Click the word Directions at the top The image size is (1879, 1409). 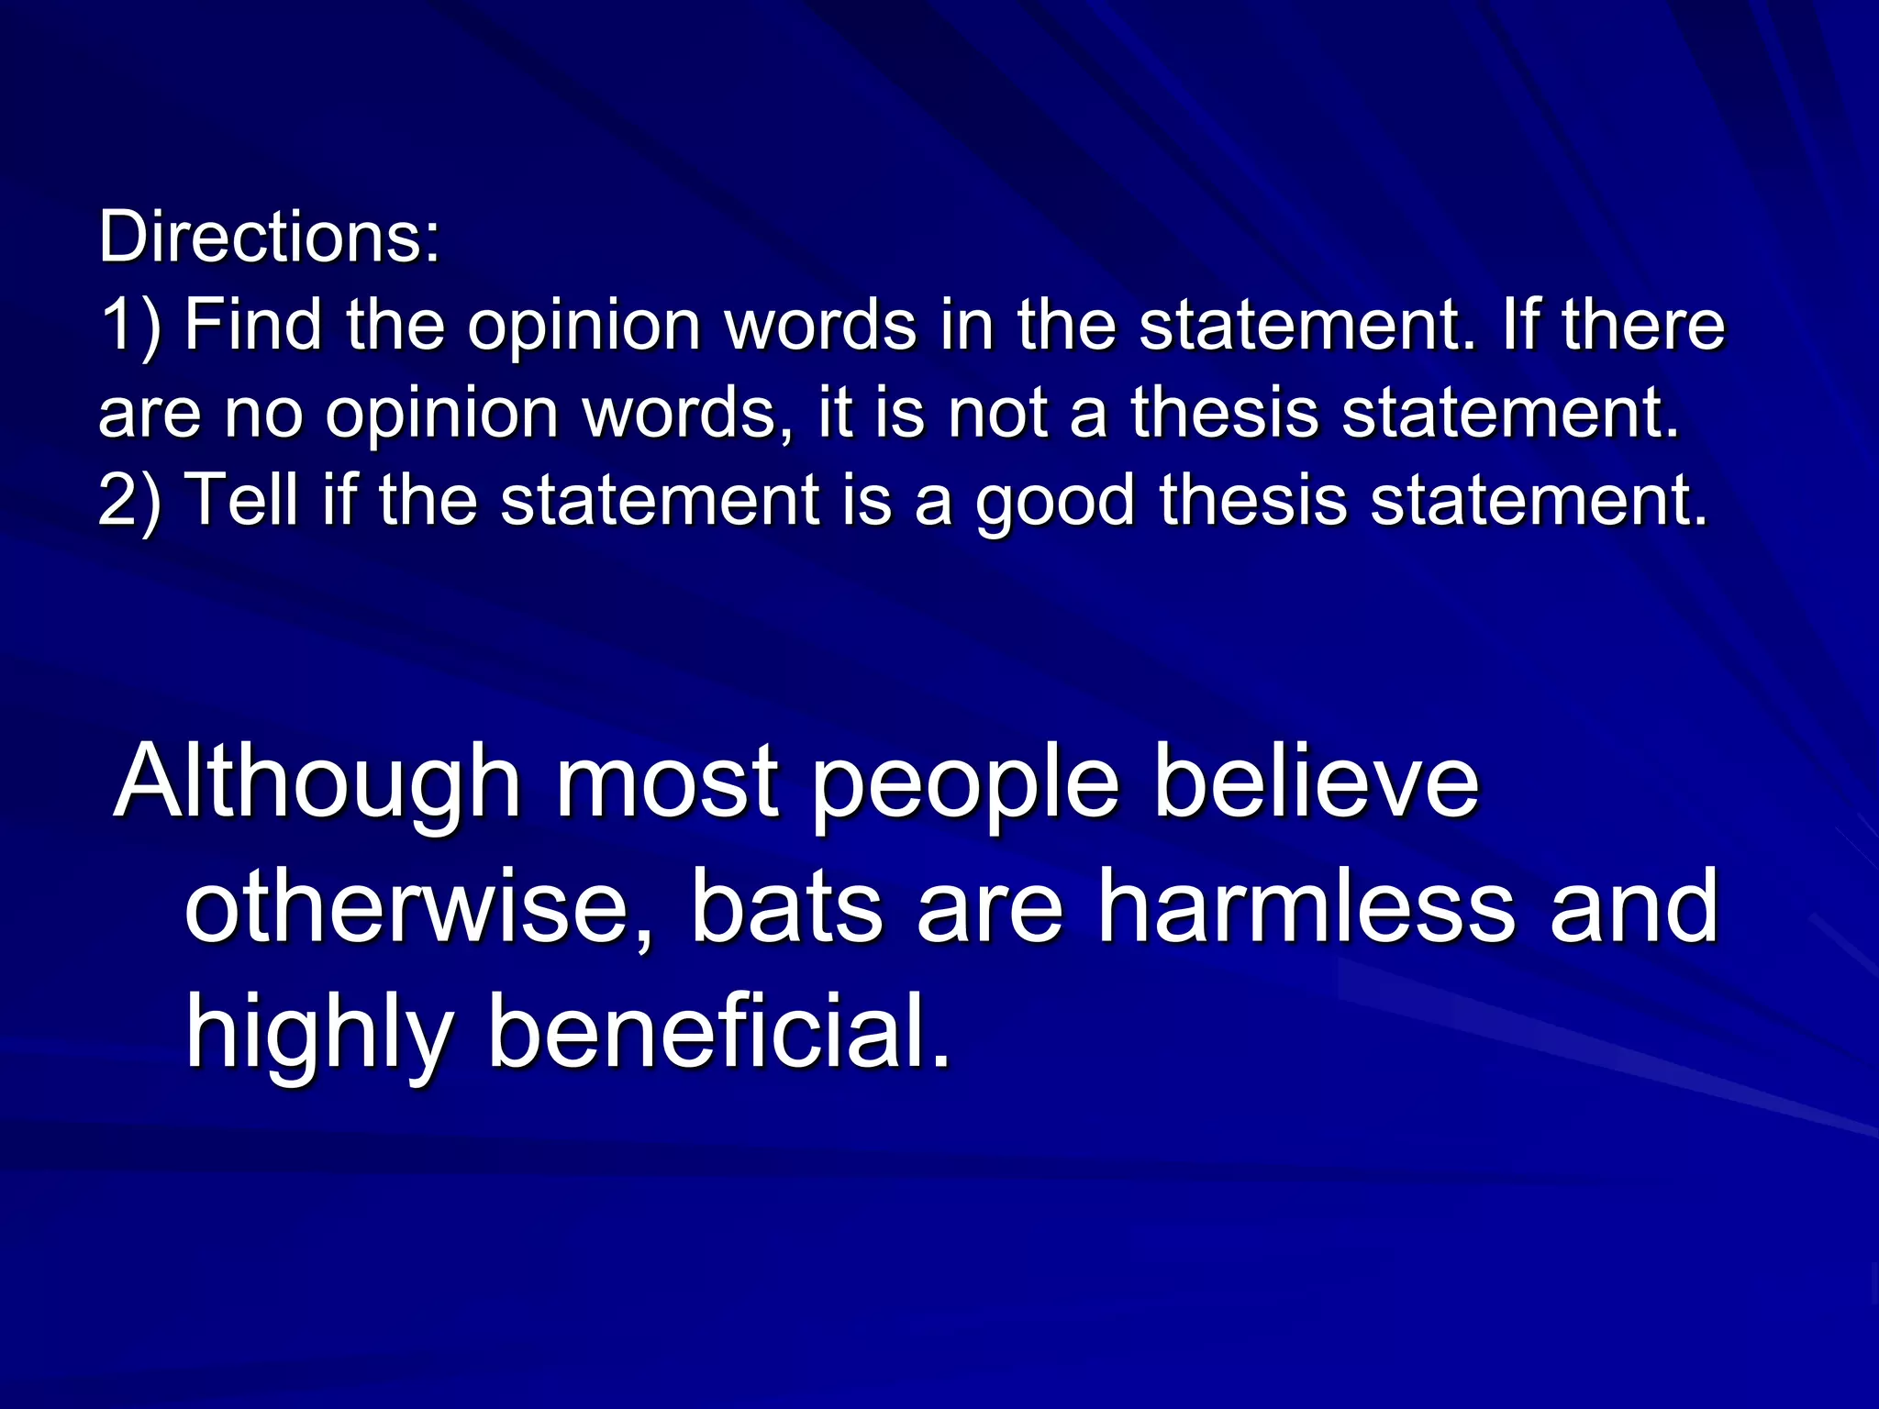click(x=268, y=238)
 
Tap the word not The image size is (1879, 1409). click(x=998, y=414)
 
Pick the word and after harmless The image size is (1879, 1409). click(x=1634, y=905)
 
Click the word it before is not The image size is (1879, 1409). click(x=833, y=412)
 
